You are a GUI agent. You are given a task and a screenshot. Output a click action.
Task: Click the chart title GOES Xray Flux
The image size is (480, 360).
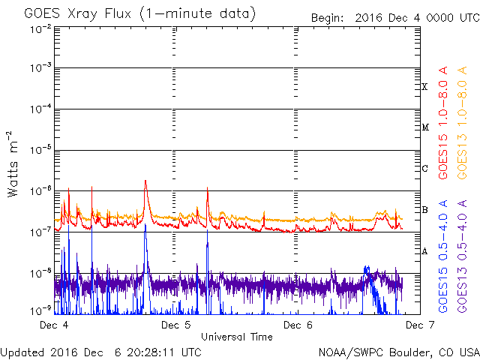tap(77, 14)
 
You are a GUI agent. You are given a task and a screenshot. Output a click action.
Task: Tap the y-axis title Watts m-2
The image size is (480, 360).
tap(12, 164)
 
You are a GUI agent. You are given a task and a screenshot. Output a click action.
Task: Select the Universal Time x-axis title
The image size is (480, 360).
tap(237, 337)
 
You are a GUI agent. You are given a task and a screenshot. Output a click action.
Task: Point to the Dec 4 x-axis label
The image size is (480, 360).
tap(54, 325)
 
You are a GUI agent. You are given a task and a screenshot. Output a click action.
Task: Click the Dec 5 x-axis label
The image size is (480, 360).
tap(175, 325)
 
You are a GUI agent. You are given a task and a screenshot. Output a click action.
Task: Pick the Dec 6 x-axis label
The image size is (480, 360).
tap(298, 325)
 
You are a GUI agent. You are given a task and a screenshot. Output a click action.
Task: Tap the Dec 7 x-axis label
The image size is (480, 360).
tap(420, 325)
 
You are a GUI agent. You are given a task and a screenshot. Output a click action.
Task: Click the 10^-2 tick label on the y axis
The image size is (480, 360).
tap(40, 30)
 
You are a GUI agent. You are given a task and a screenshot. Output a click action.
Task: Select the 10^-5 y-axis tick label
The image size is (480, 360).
tap(40, 150)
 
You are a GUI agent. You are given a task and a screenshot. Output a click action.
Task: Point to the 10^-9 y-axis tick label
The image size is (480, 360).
tap(40, 311)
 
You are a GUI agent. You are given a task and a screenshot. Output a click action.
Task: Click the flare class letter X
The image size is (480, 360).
tap(424, 87)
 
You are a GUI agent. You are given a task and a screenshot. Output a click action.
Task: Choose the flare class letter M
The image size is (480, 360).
tap(425, 127)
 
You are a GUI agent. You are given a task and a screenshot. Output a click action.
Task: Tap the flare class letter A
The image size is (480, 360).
tap(424, 251)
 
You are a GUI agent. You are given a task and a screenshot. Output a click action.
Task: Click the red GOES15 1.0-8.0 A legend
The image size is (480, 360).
tap(443, 122)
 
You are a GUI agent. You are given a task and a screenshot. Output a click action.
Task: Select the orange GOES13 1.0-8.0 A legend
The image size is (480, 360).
tap(462, 122)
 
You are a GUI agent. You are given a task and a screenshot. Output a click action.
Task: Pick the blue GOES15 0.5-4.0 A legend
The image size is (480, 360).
tap(443, 256)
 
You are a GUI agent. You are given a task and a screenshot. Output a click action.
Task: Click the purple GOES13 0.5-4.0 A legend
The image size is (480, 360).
tap(462, 256)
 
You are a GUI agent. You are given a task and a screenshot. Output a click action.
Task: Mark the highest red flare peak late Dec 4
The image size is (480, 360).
tap(145, 180)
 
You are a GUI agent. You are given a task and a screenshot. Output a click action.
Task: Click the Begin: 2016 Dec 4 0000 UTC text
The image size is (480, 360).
tap(395, 18)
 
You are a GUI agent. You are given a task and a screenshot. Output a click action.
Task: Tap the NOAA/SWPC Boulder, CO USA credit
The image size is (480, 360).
tap(399, 352)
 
